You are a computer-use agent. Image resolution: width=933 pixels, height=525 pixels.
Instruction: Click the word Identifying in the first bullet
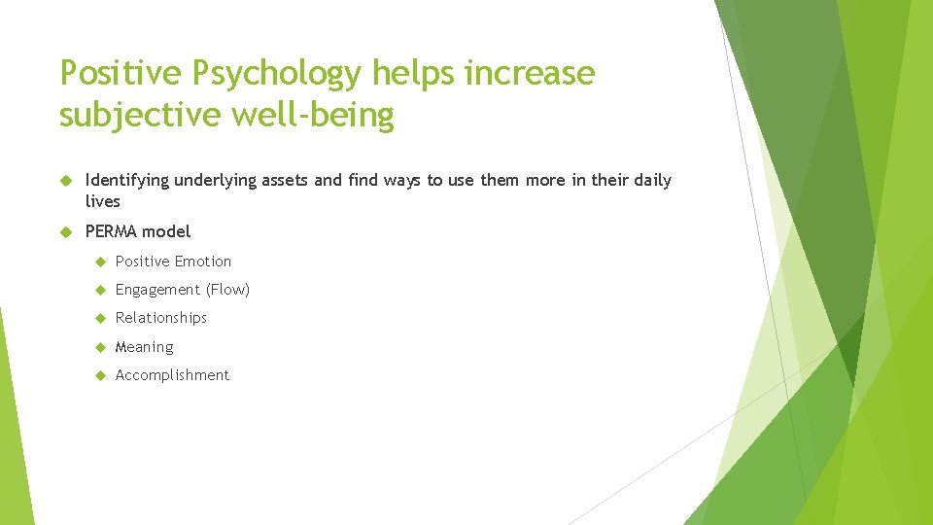[126, 181]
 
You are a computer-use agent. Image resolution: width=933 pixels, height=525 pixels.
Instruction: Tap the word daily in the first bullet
[652, 181]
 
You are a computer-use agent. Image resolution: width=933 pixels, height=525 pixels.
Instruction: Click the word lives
[103, 202]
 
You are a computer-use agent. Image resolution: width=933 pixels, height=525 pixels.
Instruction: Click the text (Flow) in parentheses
[227, 290]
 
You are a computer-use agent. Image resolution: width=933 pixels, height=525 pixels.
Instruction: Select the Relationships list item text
[161, 318]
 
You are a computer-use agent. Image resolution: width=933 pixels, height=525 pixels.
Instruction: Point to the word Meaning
[144, 347]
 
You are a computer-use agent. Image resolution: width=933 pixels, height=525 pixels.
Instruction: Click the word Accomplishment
[172, 375]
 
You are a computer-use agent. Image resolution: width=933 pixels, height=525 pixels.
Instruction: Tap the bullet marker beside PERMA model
[66, 231]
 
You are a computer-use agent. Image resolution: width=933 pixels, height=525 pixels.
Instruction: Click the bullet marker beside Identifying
[66, 181]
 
